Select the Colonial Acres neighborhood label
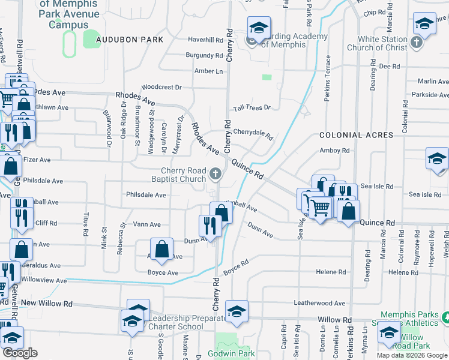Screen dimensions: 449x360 click(356, 135)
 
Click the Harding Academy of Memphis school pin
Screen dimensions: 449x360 click(259, 28)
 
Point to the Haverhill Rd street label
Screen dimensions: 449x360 click(205, 40)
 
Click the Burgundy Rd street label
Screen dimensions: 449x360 click(204, 55)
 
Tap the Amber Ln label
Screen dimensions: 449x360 click(208, 71)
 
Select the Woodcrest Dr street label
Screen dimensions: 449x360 click(161, 87)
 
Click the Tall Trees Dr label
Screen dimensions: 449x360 click(252, 107)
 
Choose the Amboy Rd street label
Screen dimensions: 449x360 click(334, 151)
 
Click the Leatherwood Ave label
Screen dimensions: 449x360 click(320, 303)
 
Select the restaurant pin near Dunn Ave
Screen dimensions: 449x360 click(208, 226)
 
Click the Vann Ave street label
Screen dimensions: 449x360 click(147, 224)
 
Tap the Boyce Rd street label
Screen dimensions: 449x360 click(236, 268)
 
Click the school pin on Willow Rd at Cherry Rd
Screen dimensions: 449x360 click(237, 311)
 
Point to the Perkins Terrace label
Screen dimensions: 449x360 click(328, 79)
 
